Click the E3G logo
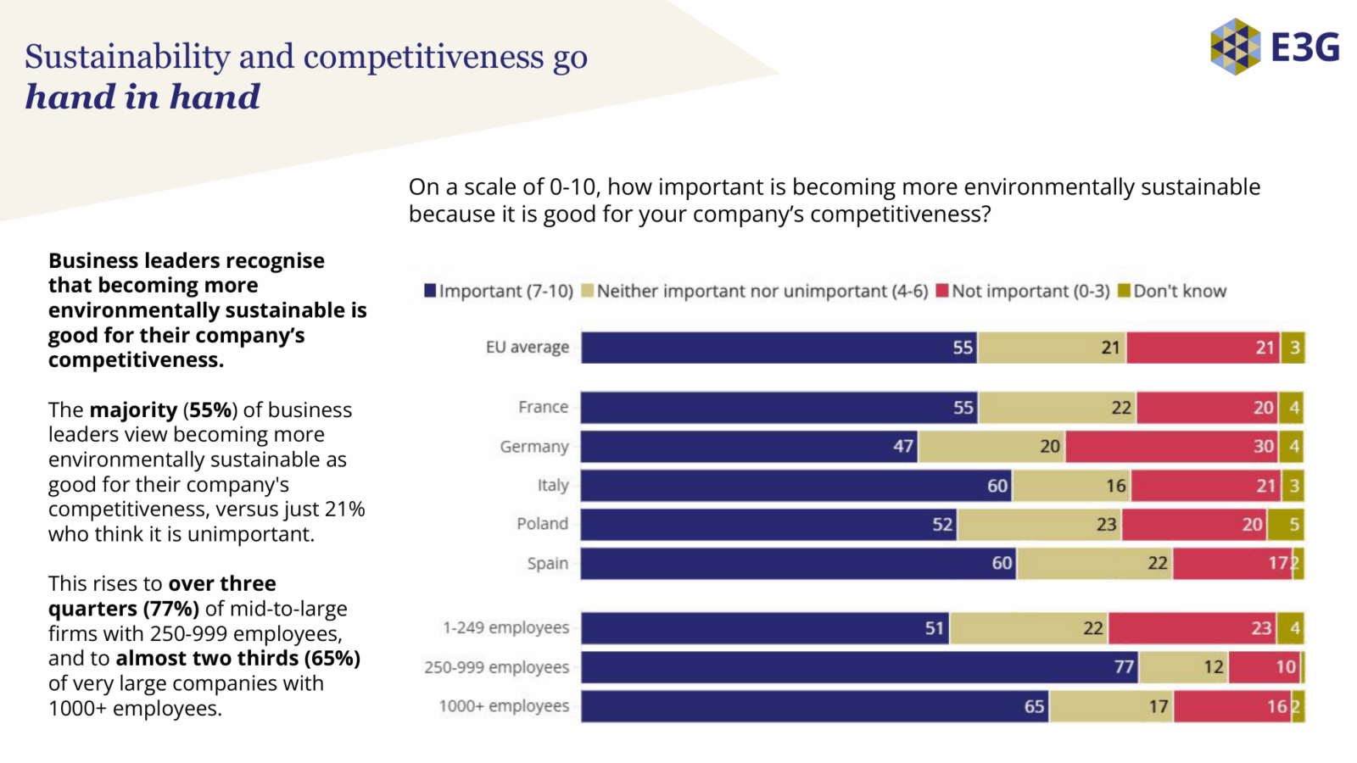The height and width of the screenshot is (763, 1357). (x=1274, y=47)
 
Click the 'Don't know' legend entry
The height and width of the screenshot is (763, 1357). (x=1172, y=291)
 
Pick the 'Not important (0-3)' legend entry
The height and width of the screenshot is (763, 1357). (x=1023, y=291)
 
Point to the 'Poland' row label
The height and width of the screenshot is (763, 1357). (x=542, y=524)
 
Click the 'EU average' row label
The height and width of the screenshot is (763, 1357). (x=527, y=348)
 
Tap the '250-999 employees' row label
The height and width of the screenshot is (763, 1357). (x=496, y=667)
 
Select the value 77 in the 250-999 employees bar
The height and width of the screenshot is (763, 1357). (x=1124, y=667)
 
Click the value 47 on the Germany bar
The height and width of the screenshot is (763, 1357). (x=903, y=447)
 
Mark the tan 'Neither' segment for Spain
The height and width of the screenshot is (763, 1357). (x=1094, y=564)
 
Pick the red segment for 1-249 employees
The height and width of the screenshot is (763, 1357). (x=1192, y=628)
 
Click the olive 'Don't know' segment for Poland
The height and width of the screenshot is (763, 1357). (x=1285, y=525)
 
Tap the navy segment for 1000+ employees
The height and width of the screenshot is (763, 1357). (x=814, y=706)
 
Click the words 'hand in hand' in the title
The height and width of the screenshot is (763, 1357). (x=142, y=97)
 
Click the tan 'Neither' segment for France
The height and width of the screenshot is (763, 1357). (x=1057, y=408)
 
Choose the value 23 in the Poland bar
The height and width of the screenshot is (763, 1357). (x=1106, y=525)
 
